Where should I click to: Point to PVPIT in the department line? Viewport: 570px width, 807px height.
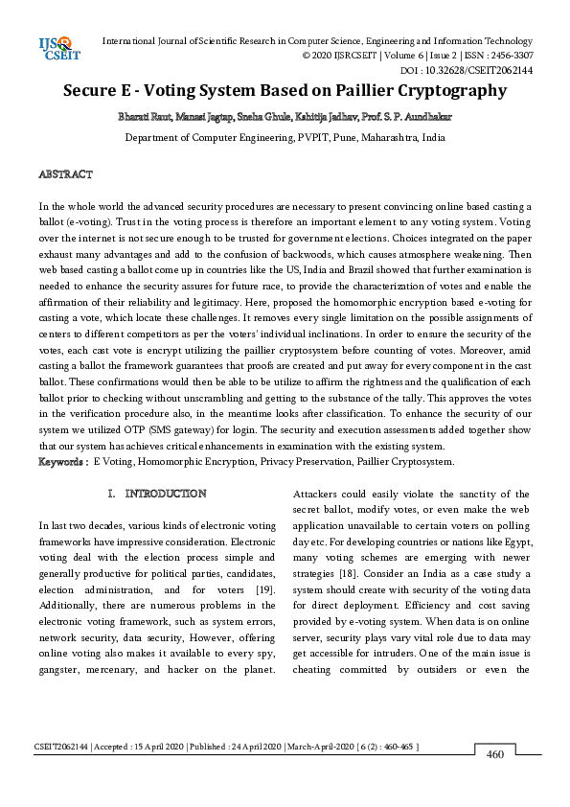click(315, 137)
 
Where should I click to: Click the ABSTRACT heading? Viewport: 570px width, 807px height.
click(65, 174)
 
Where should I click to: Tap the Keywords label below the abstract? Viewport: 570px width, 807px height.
click(62, 461)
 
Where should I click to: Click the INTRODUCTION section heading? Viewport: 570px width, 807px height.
click(165, 494)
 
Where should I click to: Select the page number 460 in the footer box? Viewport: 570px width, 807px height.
click(495, 754)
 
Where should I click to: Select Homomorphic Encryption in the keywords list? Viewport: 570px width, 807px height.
click(197, 461)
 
